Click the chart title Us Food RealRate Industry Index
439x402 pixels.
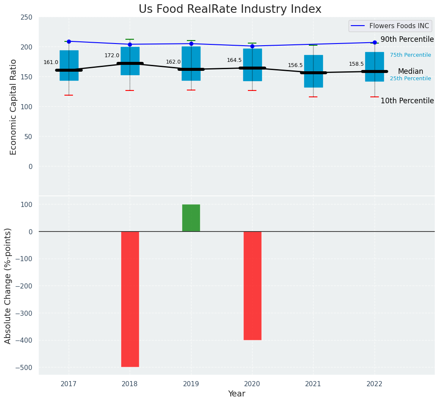[x=230, y=9]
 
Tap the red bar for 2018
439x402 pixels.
[x=130, y=299]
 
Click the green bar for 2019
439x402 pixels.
[x=191, y=218]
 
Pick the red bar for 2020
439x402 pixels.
[x=252, y=285]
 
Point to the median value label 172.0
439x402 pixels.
[x=112, y=55]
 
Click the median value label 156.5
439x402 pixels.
[x=295, y=65]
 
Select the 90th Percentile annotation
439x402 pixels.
[x=407, y=40]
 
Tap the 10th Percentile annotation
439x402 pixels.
[x=407, y=101]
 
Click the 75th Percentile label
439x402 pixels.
[x=410, y=55]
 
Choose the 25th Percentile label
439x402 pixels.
[x=410, y=79]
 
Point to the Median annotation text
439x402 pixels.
[x=410, y=72]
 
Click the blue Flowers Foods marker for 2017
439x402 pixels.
[x=69, y=41]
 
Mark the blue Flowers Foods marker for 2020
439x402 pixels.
[x=252, y=46]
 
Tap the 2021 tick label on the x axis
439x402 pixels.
[x=313, y=384]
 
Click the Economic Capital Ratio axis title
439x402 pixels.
[x=13, y=107]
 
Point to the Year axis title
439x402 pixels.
[x=236, y=394]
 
